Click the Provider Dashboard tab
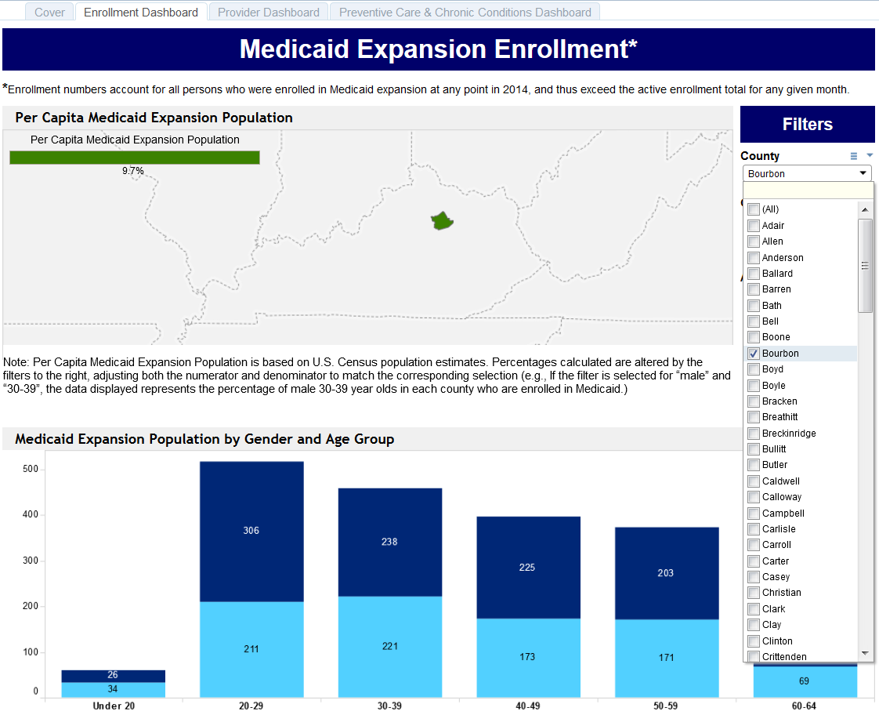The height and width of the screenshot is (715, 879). click(x=268, y=13)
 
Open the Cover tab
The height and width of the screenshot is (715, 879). click(x=50, y=13)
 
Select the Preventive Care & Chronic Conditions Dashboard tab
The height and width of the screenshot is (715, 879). click(x=465, y=13)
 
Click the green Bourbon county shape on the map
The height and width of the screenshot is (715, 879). click(x=443, y=221)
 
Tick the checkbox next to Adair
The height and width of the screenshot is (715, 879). click(x=754, y=226)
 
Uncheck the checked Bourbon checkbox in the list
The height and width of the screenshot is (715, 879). click(x=754, y=354)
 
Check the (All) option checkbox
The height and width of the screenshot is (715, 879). click(x=754, y=209)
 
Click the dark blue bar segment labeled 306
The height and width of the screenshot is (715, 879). click(x=251, y=532)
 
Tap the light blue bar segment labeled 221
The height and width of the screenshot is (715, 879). click(x=390, y=647)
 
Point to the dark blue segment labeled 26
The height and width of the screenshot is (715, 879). click(x=113, y=676)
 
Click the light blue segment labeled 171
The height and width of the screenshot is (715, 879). click(x=667, y=658)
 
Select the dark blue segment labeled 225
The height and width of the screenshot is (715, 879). click(x=527, y=568)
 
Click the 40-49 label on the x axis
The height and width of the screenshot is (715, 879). click(x=527, y=706)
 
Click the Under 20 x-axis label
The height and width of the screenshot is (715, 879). click(x=113, y=706)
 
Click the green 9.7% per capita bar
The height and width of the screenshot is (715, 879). click(x=134, y=158)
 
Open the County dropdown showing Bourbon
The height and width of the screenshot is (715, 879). click(x=806, y=174)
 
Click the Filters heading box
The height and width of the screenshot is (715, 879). click(x=807, y=125)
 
